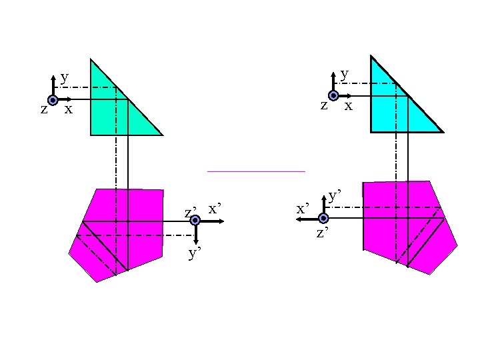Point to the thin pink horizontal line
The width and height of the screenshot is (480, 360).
(256, 171)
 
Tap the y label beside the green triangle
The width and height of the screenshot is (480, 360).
(64, 77)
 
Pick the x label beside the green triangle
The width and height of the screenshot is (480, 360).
(68, 109)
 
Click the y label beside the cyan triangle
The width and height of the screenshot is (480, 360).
(344, 74)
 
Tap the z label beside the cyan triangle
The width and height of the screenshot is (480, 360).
(324, 105)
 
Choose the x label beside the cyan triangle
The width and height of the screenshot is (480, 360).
(348, 105)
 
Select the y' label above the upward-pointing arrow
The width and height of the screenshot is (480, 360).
(335, 196)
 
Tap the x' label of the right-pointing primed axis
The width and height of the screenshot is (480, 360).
(215, 209)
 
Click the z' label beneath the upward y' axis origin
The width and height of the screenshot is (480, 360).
(323, 233)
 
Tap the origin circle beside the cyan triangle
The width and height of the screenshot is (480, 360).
(333, 96)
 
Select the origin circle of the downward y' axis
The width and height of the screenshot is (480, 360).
(195, 221)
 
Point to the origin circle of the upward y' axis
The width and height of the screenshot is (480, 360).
(323, 218)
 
